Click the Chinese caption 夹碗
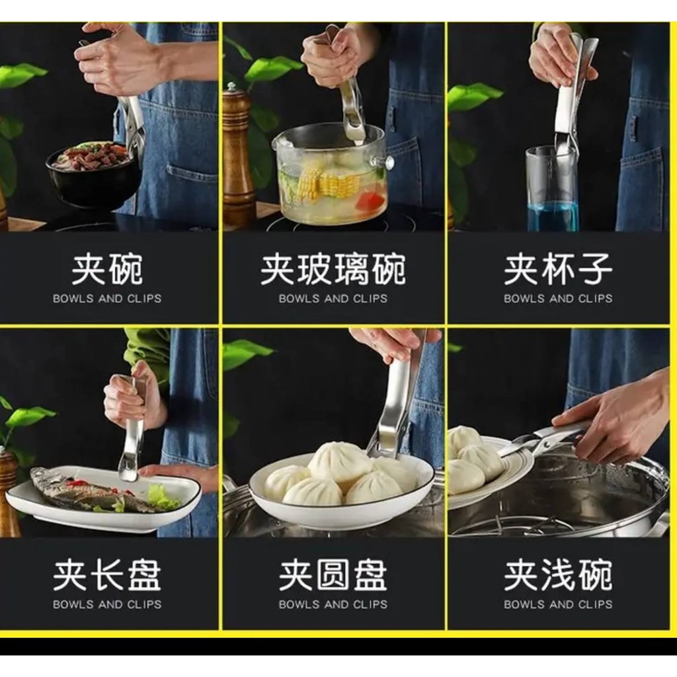point(107,270)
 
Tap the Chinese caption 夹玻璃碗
point(333,270)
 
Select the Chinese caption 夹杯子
point(558,270)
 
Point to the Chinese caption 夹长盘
point(107,575)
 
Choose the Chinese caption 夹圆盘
point(333,575)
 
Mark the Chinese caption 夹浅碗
point(558,575)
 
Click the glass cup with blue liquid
point(552,189)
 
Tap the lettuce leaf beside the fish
point(163,497)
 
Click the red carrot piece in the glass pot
point(372,200)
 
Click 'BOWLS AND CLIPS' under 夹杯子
point(558,298)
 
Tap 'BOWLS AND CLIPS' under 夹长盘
point(107,604)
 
